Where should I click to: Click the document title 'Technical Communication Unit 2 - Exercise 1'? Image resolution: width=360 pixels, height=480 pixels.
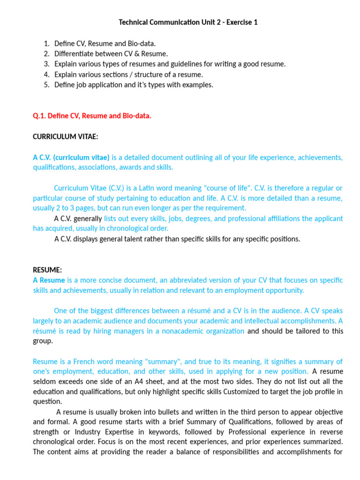point(188,22)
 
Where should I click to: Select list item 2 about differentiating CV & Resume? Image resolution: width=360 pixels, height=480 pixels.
point(111,54)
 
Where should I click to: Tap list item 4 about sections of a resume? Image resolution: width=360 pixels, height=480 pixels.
point(128,75)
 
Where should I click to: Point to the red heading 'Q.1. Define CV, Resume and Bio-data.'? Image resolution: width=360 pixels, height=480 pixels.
point(92,116)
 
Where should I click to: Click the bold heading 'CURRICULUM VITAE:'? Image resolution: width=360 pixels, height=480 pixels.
point(65,136)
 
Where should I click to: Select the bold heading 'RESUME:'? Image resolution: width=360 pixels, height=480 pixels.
point(47,270)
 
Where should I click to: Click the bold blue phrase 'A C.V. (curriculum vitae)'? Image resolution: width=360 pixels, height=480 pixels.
point(71,157)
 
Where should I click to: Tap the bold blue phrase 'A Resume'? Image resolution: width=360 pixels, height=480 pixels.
point(49,280)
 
